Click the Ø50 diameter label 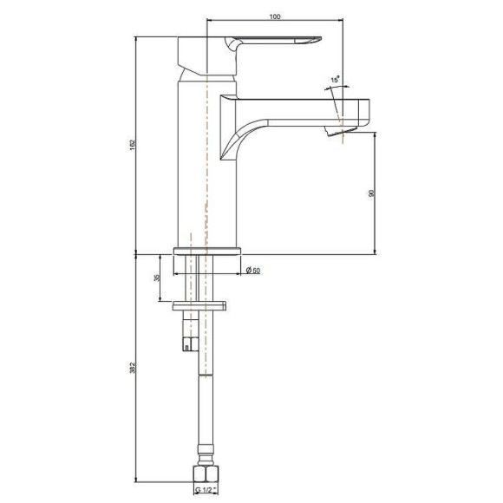pyautogui.click(x=253, y=271)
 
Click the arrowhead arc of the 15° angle pyautogui.click(x=334, y=89)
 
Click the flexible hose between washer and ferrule pyautogui.click(x=205, y=399)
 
